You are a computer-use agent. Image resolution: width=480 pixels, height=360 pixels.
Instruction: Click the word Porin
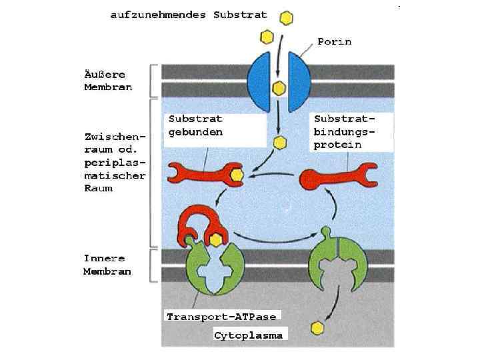click(x=334, y=41)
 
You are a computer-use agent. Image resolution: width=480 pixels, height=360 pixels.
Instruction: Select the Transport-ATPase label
click(x=221, y=315)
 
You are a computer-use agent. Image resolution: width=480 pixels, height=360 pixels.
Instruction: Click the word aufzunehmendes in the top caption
click(x=158, y=14)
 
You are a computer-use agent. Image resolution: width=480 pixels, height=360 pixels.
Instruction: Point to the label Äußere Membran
click(x=108, y=81)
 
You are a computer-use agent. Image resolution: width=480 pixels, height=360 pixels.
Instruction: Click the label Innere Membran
click(x=107, y=265)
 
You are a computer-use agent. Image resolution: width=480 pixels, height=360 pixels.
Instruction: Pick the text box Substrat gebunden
click(x=195, y=125)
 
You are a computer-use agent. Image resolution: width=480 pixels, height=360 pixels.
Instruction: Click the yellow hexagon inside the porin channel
click(x=279, y=87)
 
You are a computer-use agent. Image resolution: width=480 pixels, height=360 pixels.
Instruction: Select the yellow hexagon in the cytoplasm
click(x=317, y=328)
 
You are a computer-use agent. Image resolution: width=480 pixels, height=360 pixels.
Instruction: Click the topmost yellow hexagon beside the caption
click(x=286, y=17)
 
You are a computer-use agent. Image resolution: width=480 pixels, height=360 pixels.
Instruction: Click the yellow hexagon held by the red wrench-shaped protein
click(x=235, y=175)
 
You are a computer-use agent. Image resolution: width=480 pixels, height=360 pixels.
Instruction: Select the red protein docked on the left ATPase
click(x=197, y=223)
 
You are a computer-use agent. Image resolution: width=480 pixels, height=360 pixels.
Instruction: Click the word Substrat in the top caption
click(x=240, y=14)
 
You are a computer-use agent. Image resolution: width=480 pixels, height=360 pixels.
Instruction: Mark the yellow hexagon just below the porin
click(x=280, y=142)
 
